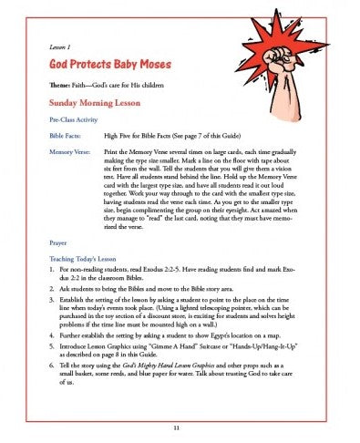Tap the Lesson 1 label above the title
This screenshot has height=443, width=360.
(60, 44)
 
